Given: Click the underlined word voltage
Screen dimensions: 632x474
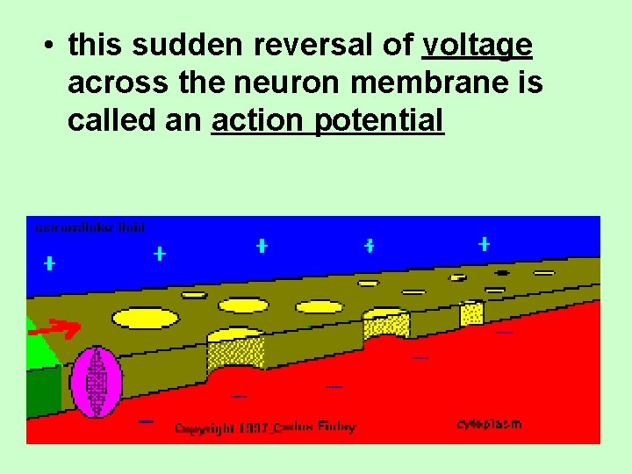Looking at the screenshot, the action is click(478, 46).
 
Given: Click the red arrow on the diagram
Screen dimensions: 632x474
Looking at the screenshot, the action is click(61, 329).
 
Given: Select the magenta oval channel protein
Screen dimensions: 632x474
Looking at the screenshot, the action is click(97, 382).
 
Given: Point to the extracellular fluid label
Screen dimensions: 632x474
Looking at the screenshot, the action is click(90, 226).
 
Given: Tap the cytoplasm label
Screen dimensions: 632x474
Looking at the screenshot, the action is click(489, 423).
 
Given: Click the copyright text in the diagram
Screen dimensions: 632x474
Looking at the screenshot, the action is click(265, 427).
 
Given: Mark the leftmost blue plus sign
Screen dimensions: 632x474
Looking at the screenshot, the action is click(50, 262).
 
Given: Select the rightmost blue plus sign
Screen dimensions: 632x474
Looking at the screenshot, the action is click(484, 244).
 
